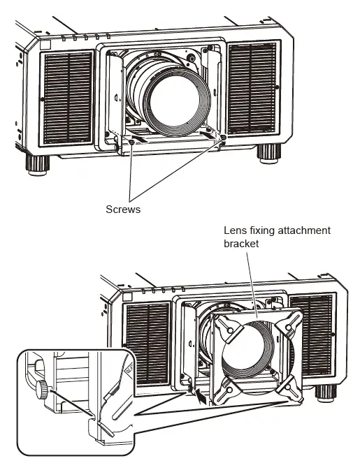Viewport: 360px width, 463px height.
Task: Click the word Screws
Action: (x=124, y=209)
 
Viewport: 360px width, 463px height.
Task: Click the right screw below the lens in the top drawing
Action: (x=223, y=139)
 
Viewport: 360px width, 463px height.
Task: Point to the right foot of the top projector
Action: (x=266, y=152)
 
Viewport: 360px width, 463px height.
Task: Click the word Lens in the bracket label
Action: (x=233, y=230)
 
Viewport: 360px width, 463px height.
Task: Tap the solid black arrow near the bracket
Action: (x=203, y=399)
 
